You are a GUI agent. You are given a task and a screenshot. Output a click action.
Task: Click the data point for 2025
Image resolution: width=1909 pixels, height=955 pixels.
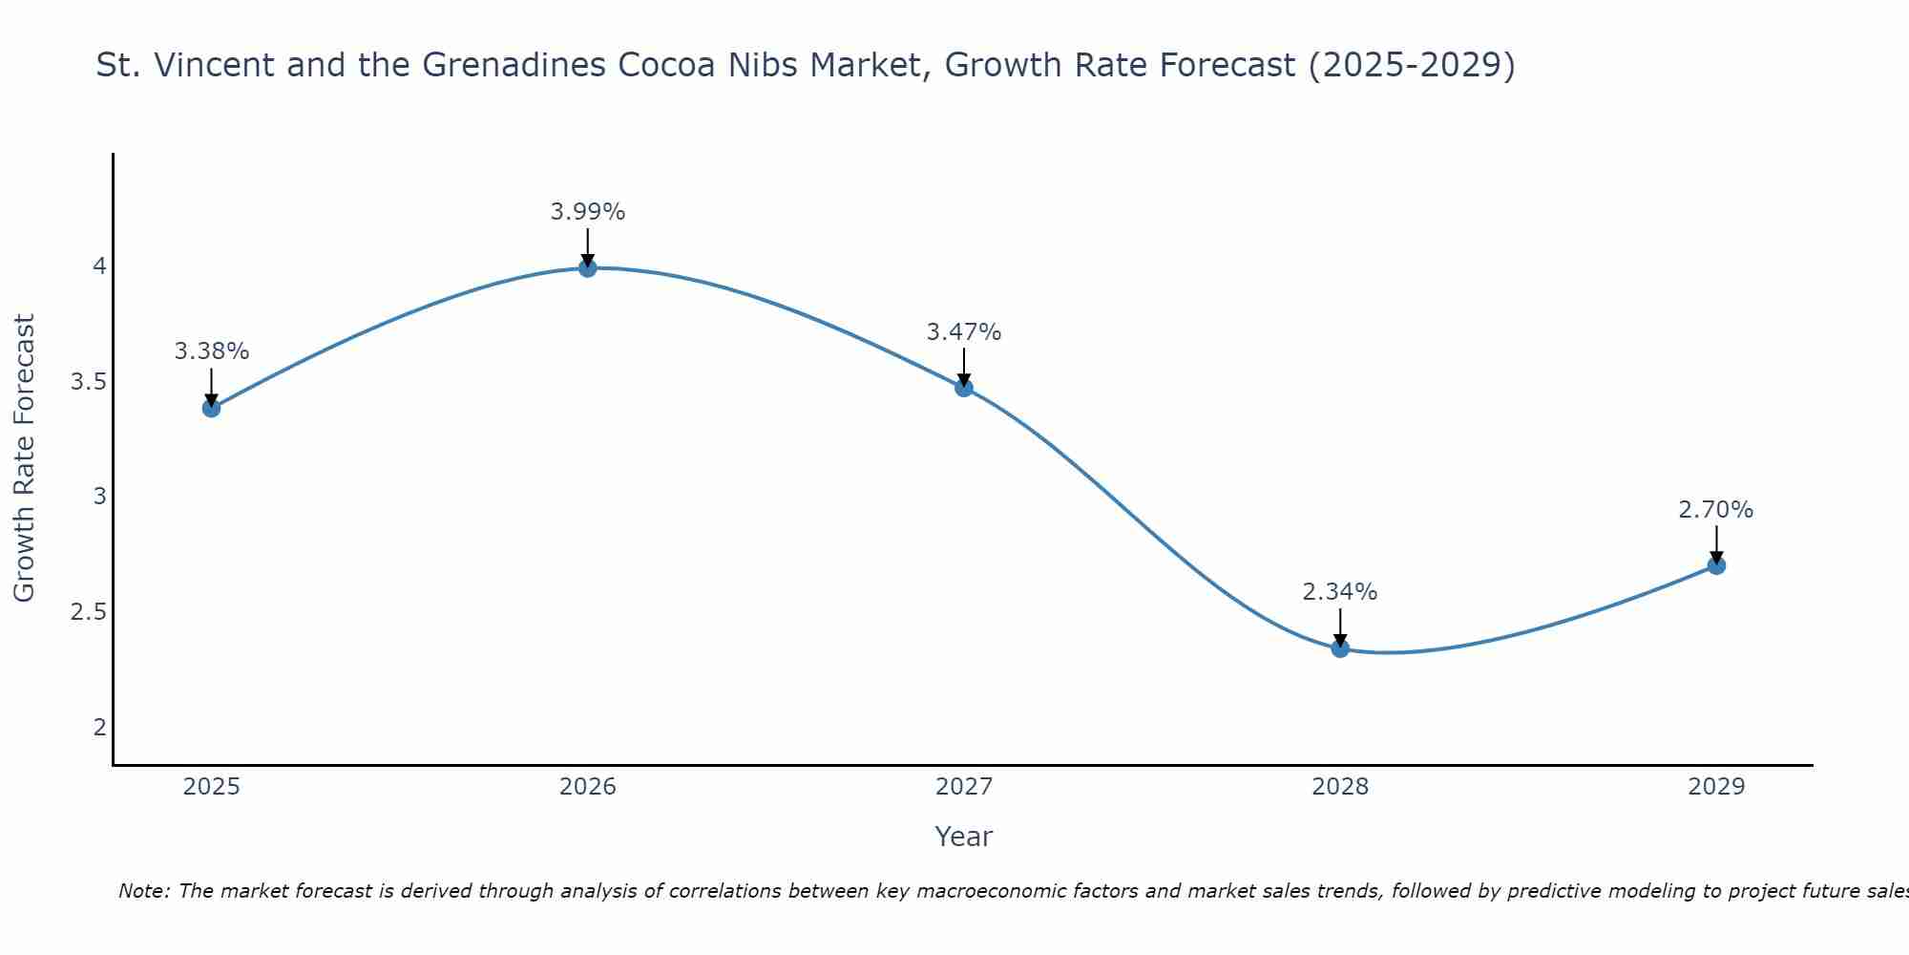[x=211, y=408]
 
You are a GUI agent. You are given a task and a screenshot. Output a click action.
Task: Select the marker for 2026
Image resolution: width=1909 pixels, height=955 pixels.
[x=587, y=268]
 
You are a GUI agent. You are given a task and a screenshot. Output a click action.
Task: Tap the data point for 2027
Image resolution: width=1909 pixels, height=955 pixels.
[x=963, y=387]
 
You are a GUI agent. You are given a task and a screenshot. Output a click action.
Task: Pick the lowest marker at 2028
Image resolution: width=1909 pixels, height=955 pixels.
[x=1339, y=648]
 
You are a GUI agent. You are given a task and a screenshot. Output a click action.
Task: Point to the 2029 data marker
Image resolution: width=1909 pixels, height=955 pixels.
[x=1715, y=565]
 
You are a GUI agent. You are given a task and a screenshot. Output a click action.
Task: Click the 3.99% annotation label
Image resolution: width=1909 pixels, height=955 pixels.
[x=587, y=212]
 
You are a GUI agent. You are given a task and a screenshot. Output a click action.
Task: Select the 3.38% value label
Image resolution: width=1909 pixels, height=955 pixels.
[x=211, y=351]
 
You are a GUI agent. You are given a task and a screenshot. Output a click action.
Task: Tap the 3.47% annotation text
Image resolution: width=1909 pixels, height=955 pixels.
[x=963, y=332]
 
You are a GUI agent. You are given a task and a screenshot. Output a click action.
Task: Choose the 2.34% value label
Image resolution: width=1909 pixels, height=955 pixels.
[x=1339, y=592]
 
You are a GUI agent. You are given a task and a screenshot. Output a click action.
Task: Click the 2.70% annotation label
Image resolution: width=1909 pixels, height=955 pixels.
[x=1715, y=510]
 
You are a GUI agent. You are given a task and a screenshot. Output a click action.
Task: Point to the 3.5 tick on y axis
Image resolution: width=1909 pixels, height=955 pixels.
[x=88, y=382]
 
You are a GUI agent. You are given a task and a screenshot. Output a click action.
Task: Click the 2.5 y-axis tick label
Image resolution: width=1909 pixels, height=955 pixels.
[x=88, y=612]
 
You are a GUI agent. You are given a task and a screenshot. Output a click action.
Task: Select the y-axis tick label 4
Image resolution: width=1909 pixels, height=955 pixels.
[x=99, y=266]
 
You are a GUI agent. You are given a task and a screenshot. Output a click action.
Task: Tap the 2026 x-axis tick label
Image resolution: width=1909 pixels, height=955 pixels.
[x=587, y=787]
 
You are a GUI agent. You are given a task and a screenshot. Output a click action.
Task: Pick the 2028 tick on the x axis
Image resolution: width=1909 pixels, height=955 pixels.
[x=1339, y=787]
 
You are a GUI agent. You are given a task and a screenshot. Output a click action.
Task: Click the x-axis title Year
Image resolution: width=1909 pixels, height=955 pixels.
[x=963, y=837]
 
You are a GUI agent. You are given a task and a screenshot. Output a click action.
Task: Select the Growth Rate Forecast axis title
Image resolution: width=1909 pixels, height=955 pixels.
[x=24, y=458]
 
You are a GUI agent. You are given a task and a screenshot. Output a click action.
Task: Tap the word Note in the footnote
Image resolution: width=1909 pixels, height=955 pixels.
[x=143, y=891]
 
